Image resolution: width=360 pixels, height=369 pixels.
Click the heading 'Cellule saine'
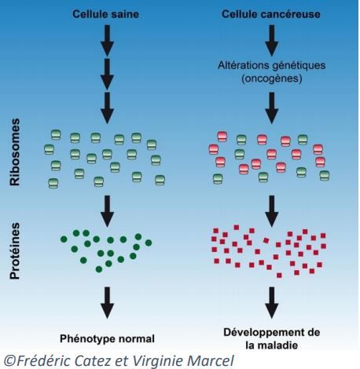click(105, 14)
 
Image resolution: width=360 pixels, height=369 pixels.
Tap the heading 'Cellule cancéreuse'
click(271, 14)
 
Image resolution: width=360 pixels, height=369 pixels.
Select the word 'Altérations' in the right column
click(241, 65)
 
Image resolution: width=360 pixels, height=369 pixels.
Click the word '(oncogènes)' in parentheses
click(272, 79)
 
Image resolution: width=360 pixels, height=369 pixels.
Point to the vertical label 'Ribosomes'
click(15, 152)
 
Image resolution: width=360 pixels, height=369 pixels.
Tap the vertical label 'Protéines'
click(15, 251)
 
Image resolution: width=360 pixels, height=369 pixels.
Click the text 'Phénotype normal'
click(107, 338)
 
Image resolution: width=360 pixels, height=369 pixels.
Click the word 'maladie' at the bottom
click(279, 345)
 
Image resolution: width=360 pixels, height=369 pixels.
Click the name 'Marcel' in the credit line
click(211, 360)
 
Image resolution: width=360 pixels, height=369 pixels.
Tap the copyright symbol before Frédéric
click(10, 361)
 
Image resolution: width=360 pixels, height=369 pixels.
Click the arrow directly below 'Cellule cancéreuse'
click(272, 41)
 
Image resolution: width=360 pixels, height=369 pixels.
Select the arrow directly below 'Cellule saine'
click(107, 41)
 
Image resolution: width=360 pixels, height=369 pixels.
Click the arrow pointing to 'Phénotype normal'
click(107, 303)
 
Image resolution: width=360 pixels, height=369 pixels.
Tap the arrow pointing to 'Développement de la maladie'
click(272, 303)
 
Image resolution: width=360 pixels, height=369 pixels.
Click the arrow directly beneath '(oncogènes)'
click(272, 108)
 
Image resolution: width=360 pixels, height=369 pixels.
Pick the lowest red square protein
click(279, 276)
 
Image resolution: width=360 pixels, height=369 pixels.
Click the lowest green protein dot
click(99, 269)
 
